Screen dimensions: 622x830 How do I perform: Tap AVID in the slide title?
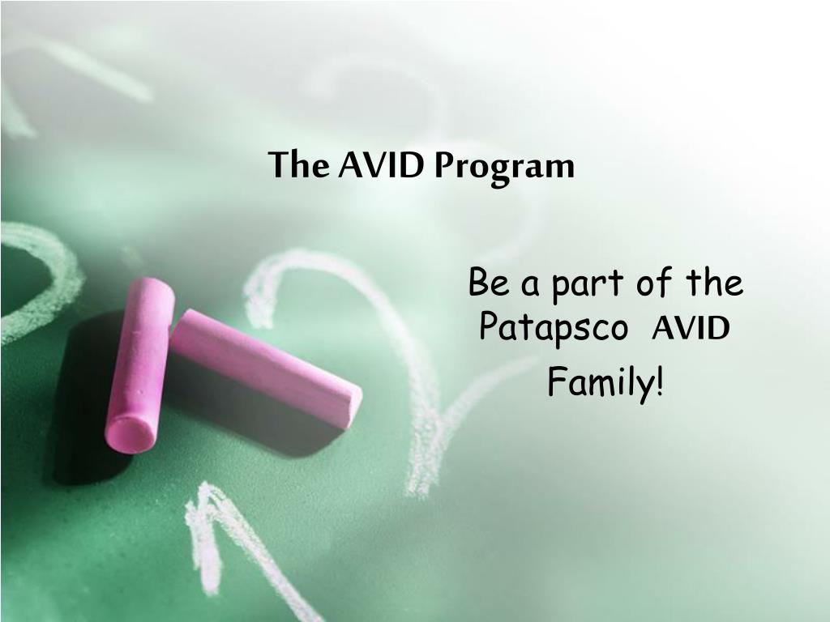pyautogui.click(x=381, y=165)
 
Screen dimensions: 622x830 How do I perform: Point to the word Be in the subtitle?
pyautogui.click(x=487, y=283)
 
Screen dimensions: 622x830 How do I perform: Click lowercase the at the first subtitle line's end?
pyautogui.click(x=714, y=283)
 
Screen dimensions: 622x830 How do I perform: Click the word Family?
pyautogui.click(x=600, y=381)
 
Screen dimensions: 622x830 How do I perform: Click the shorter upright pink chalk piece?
pyautogui.click(x=139, y=364)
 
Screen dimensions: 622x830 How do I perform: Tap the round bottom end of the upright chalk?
pyautogui.click(x=130, y=433)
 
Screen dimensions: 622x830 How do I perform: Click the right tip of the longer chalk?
pyautogui.click(x=353, y=404)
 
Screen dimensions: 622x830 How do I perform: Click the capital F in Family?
pyautogui.click(x=556, y=381)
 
